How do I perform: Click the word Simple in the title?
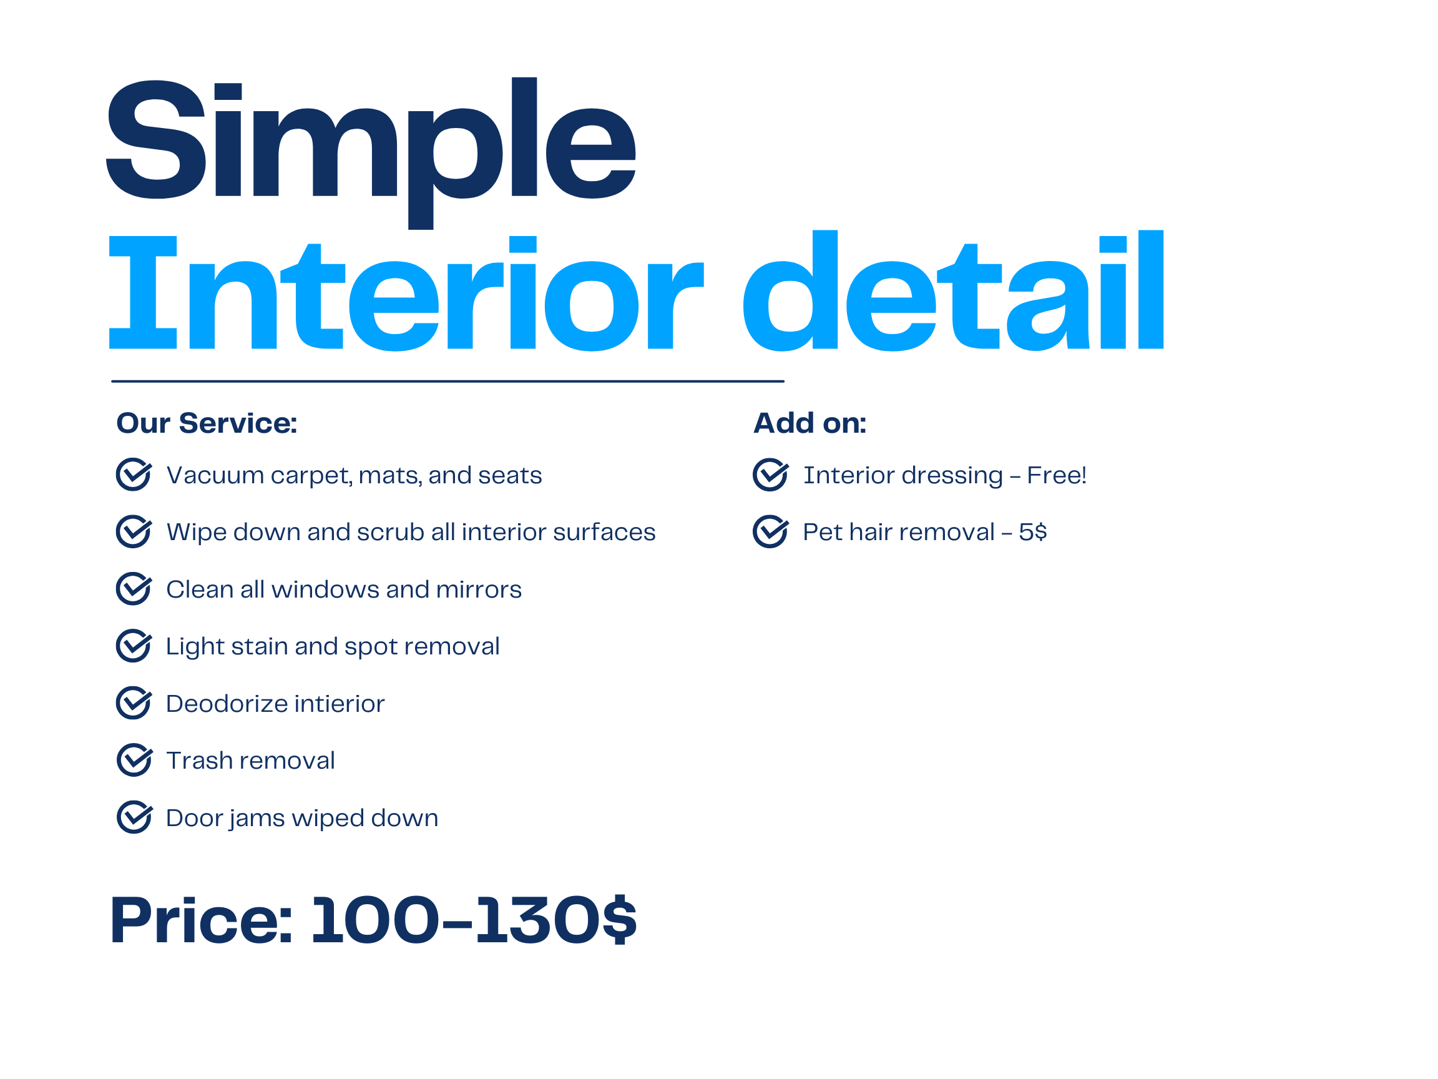coord(371,153)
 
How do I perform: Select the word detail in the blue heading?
coord(954,291)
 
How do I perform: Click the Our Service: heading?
coord(207,423)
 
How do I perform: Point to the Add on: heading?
coord(809,423)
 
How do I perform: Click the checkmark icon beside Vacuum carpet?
coord(134,474)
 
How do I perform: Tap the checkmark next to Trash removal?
coord(135,760)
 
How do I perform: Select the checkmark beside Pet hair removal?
coord(771,531)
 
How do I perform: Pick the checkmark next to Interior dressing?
coord(771,474)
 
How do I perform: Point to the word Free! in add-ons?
coord(1057,475)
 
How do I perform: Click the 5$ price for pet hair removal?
coord(1033,532)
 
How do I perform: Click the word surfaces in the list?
coord(604,533)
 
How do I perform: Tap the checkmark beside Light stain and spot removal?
coord(134,646)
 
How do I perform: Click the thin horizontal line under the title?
coord(448,381)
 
